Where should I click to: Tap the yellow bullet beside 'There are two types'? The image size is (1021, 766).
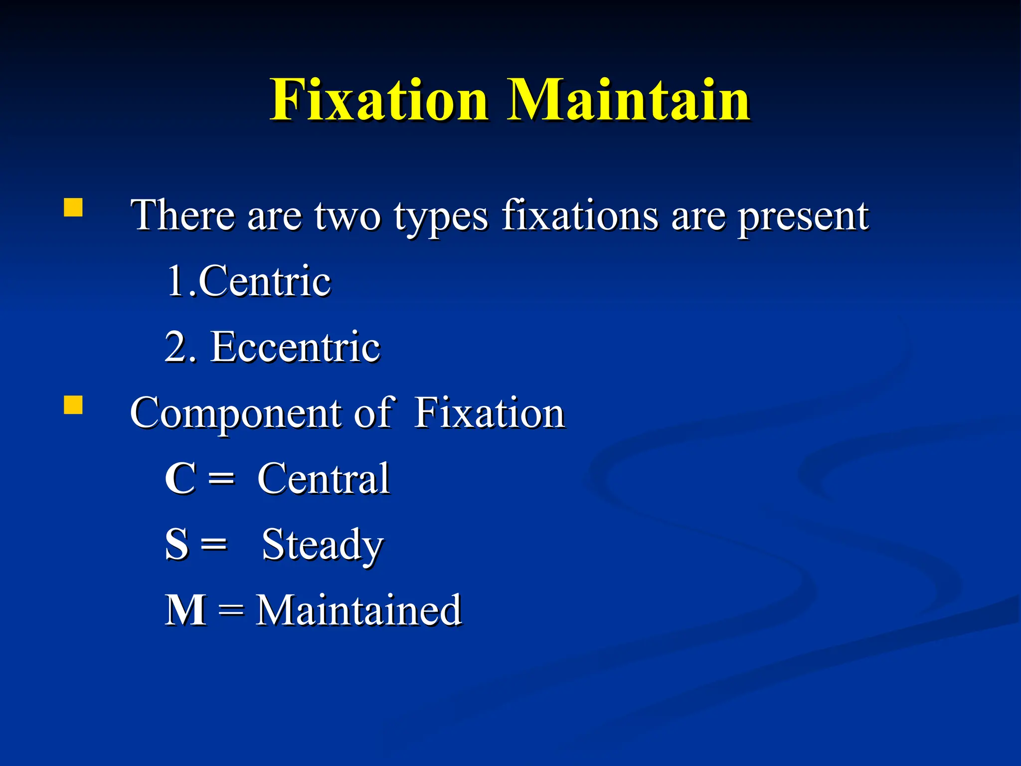(x=73, y=207)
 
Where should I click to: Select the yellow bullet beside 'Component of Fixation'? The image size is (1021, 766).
(x=73, y=405)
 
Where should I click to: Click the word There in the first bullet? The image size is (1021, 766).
(x=182, y=215)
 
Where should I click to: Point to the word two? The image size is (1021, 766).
(x=347, y=216)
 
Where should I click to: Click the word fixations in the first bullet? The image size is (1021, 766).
(x=580, y=215)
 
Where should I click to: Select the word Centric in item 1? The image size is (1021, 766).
(x=264, y=281)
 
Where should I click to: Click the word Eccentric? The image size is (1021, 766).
(x=295, y=347)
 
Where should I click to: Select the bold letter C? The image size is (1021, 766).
(x=179, y=479)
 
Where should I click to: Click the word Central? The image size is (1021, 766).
(x=323, y=479)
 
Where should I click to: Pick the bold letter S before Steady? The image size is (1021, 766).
(x=177, y=545)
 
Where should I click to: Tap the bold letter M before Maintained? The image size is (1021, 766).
(x=185, y=610)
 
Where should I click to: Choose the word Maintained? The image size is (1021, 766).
(x=358, y=610)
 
